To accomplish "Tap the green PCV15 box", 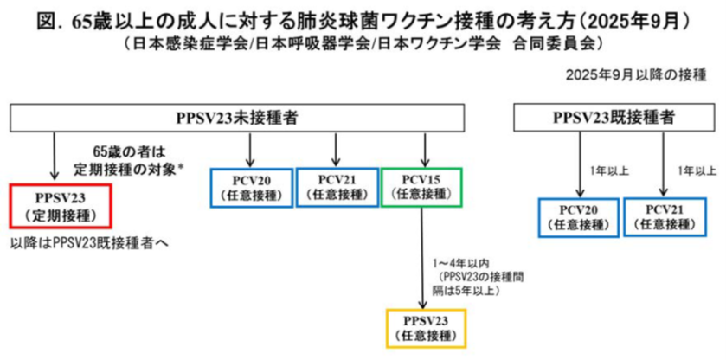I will coord(422,187).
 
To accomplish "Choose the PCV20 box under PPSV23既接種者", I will coord(578,217).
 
